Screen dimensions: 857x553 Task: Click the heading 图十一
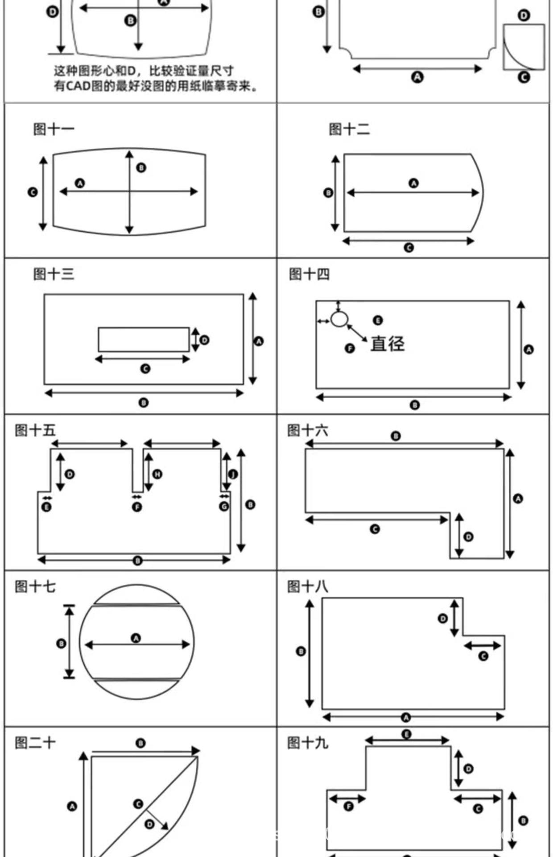pyautogui.click(x=54, y=129)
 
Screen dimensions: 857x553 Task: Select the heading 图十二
pyautogui.click(x=349, y=129)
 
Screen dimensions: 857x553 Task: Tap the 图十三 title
pyautogui.click(x=54, y=274)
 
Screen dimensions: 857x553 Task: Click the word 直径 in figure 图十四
pyautogui.click(x=388, y=344)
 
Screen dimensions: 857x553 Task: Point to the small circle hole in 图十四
pyautogui.click(x=339, y=319)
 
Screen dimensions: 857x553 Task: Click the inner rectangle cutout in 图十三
pyautogui.click(x=144, y=339)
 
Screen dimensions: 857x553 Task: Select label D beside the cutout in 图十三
pyautogui.click(x=204, y=340)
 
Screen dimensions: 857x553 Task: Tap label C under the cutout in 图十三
pyautogui.click(x=145, y=369)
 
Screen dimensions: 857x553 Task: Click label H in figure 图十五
pyautogui.click(x=157, y=474)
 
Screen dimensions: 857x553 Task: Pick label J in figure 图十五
pyautogui.click(x=233, y=474)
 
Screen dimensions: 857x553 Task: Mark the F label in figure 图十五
pyautogui.click(x=137, y=507)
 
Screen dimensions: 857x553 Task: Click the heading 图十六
pyautogui.click(x=308, y=430)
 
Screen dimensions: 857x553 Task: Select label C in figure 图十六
pyautogui.click(x=375, y=529)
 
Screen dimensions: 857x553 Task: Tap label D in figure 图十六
pyautogui.click(x=468, y=537)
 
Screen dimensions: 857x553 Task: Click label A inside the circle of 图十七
pyautogui.click(x=136, y=638)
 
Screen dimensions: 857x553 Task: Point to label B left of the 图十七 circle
pyautogui.click(x=61, y=643)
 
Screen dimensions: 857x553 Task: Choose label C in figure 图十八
pyautogui.click(x=483, y=656)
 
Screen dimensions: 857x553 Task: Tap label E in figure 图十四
pyautogui.click(x=377, y=320)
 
